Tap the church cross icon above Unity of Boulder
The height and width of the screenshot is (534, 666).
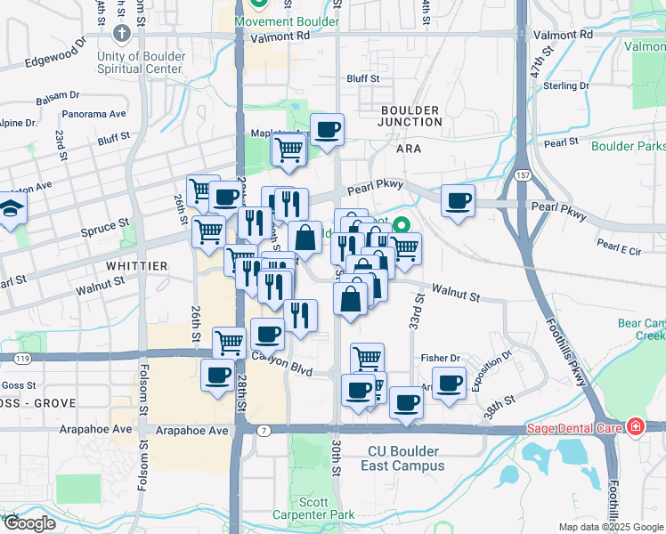(x=122, y=34)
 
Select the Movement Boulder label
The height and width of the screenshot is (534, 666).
(x=286, y=21)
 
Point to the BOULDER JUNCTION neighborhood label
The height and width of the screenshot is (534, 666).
(x=410, y=117)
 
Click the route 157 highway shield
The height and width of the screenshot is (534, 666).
(x=524, y=175)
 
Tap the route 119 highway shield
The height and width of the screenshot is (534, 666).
(x=20, y=358)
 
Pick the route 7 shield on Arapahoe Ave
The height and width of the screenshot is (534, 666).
(x=263, y=430)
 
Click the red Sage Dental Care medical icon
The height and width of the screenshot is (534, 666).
(x=635, y=427)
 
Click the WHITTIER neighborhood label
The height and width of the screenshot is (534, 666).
(x=136, y=265)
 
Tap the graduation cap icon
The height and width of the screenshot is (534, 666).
(x=12, y=209)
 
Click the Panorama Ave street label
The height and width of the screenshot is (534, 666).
(x=93, y=114)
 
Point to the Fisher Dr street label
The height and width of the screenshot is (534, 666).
(x=440, y=358)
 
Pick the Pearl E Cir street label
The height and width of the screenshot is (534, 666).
(x=619, y=247)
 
